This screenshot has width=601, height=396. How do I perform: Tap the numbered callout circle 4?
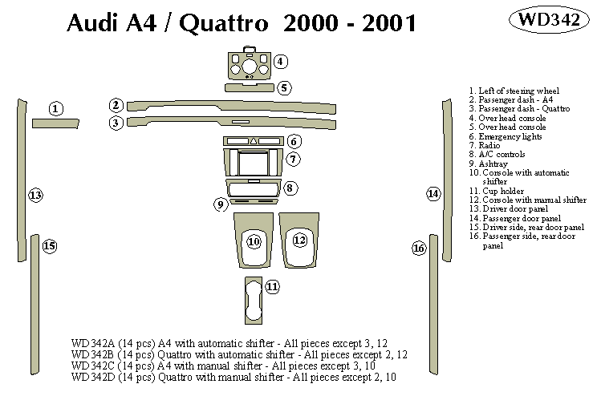tap(279, 62)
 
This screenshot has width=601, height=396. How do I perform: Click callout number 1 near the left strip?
tap(55, 108)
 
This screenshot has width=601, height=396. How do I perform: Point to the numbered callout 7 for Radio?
tap(294, 159)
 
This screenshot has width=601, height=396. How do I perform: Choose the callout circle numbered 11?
tap(272, 286)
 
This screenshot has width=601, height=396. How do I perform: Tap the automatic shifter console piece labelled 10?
tap(254, 240)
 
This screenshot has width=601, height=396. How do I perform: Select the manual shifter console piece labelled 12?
tap(299, 240)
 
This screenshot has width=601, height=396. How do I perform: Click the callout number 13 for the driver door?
tap(35, 195)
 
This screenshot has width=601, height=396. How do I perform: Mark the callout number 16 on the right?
tap(418, 249)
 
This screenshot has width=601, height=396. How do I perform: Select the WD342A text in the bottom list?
tap(92, 343)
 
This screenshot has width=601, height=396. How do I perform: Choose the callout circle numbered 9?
tap(220, 204)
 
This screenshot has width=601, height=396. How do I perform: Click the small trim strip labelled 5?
tap(249, 87)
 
